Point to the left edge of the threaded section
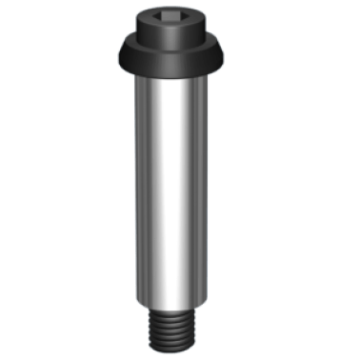[151, 329]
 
